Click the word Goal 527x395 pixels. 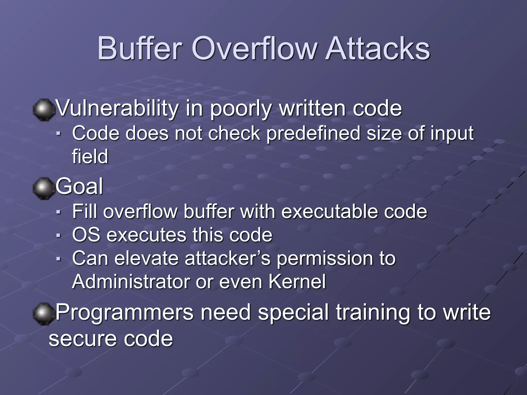pyautogui.click(x=80, y=186)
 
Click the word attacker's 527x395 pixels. pyautogui.click(x=227, y=258)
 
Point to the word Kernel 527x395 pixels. pyautogui.click(x=297, y=282)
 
